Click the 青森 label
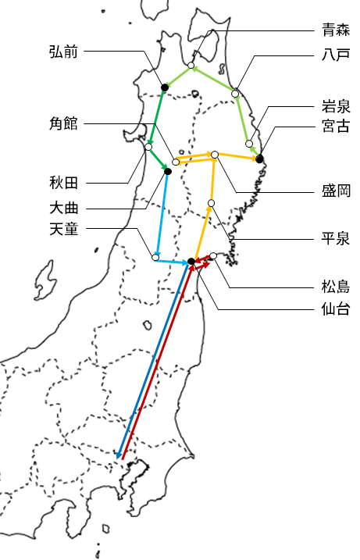click(x=336, y=30)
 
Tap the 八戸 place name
click(x=336, y=55)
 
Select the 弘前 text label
click(x=63, y=52)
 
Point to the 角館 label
click(x=63, y=123)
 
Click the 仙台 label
click(x=336, y=309)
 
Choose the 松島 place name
click(x=336, y=287)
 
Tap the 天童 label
click(x=63, y=229)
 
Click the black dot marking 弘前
click(x=165, y=87)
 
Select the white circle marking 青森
click(x=191, y=66)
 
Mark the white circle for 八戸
click(x=235, y=94)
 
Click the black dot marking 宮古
click(x=259, y=159)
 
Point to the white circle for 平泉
click(x=211, y=203)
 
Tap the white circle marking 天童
click(x=155, y=257)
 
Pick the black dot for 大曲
click(x=168, y=172)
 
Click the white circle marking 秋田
click(x=148, y=147)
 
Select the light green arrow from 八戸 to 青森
click(x=213, y=78)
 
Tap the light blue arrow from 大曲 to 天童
click(x=162, y=214)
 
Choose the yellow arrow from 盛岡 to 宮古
click(x=237, y=156)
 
